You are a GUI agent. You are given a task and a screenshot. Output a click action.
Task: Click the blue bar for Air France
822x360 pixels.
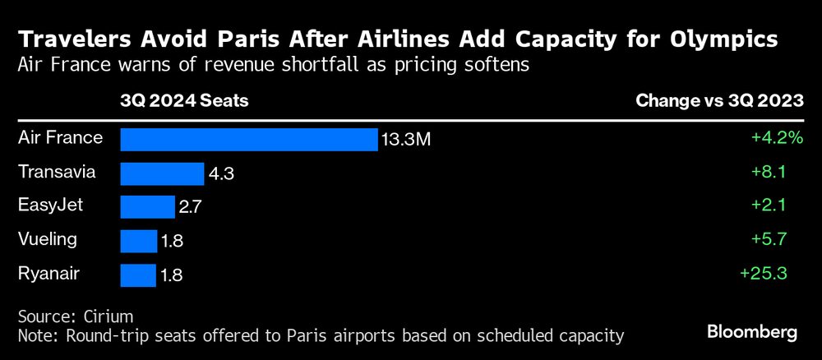coord(248,140)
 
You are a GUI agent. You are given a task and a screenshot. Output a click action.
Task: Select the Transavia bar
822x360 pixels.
coord(162,173)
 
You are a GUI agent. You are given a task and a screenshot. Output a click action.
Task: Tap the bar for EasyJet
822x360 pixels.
coord(148,207)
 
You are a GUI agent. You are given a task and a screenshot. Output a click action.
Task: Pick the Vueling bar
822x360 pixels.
coord(139,241)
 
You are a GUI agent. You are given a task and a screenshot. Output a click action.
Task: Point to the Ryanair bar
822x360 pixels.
coord(138,275)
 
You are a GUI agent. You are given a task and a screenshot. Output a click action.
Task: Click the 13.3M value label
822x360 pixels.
coord(405,141)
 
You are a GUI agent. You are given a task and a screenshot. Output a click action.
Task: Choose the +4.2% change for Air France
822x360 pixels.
coord(776,138)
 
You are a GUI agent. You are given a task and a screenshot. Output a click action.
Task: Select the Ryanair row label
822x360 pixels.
coord(48,274)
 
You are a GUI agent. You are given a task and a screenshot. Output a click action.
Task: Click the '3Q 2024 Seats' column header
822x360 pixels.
coord(184,102)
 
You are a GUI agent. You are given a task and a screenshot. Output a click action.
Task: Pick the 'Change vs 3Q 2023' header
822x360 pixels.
coord(719,102)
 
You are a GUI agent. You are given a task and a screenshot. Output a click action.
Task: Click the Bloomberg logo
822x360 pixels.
coord(752,332)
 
